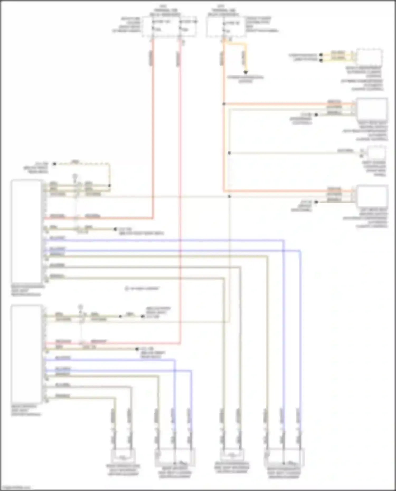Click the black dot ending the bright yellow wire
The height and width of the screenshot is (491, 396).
point(246,72)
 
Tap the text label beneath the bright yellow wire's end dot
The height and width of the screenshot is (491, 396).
point(246,79)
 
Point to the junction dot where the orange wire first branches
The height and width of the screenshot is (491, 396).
point(224,104)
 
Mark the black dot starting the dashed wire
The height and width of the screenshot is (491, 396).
point(54,164)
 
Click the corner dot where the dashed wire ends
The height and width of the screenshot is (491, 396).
point(109,186)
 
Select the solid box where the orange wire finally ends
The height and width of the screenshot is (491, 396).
point(372,197)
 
